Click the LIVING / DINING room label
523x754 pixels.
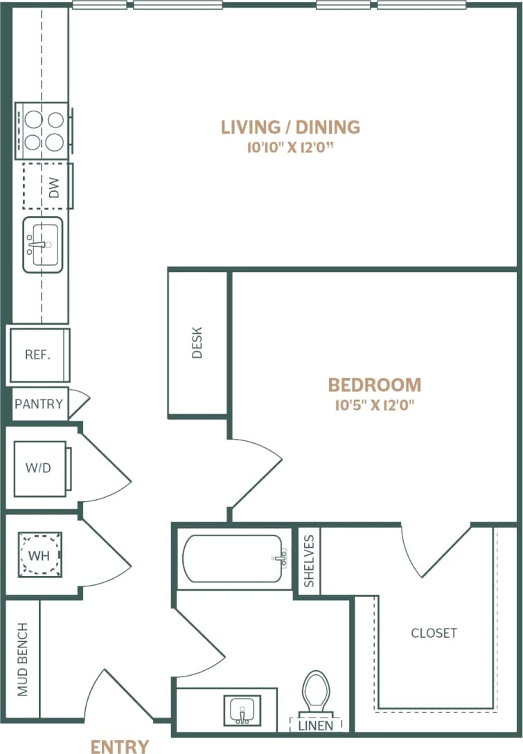pyautogui.click(x=290, y=127)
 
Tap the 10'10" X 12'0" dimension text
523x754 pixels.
pyautogui.click(x=290, y=147)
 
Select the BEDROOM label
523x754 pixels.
pyautogui.click(x=374, y=385)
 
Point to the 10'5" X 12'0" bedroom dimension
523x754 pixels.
pyautogui.click(x=374, y=405)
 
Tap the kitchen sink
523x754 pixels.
pyautogui.click(x=43, y=244)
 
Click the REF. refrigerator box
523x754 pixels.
pyautogui.click(x=38, y=355)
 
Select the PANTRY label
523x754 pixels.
pyautogui.click(x=39, y=404)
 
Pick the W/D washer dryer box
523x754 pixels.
pyautogui.click(x=39, y=467)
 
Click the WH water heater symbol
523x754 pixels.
pyautogui.click(x=39, y=554)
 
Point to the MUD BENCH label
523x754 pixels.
pyautogui.click(x=22, y=658)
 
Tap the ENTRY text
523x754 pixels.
pyautogui.click(x=120, y=746)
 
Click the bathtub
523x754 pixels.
pyautogui.click(x=233, y=558)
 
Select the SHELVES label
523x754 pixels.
pyautogui.click(x=309, y=560)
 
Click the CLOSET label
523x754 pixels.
pyautogui.click(x=434, y=633)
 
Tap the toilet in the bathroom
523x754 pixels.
pyautogui.click(x=316, y=692)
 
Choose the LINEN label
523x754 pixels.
pyautogui.click(x=315, y=726)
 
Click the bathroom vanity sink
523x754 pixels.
pyautogui.click(x=242, y=710)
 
